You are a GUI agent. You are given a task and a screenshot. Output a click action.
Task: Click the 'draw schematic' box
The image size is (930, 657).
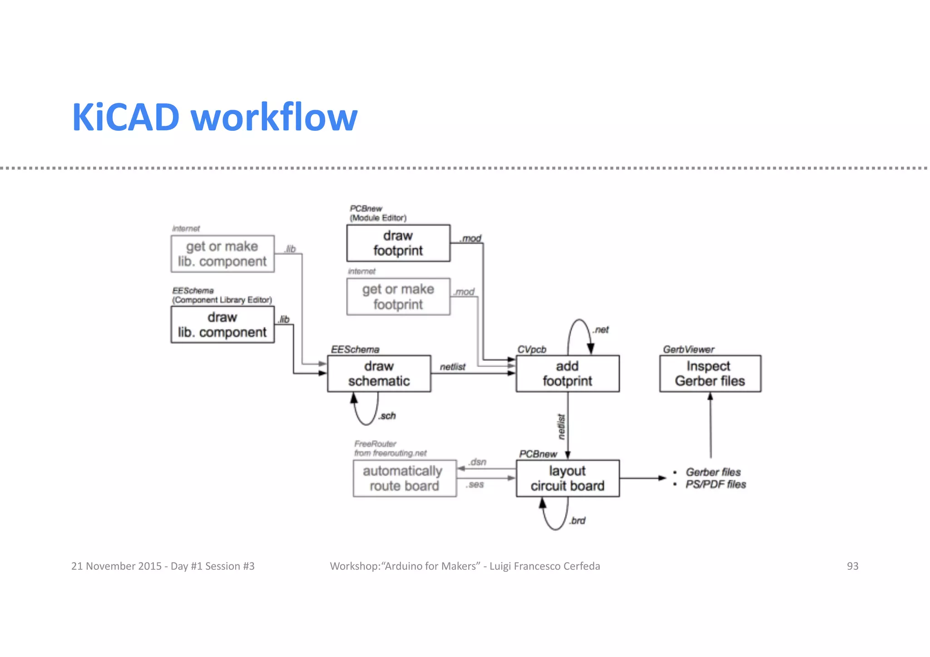coord(379,374)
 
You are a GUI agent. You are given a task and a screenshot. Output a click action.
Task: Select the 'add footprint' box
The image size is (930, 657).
coord(567,374)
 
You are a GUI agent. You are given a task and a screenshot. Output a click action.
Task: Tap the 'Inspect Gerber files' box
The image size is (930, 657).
coord(710,374)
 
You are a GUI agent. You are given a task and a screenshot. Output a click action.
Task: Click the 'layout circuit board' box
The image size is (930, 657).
coord(567,479)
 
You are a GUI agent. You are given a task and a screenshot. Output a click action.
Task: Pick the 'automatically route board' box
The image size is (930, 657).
coord(404,479)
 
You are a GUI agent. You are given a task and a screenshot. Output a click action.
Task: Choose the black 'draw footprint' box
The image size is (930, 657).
coord(398,243)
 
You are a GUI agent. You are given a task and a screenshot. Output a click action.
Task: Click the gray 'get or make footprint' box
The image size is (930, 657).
coord(398,297)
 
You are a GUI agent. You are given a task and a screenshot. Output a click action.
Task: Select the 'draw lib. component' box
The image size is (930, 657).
coord(222,325)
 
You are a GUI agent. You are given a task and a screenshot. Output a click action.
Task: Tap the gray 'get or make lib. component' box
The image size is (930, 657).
coord(222,254)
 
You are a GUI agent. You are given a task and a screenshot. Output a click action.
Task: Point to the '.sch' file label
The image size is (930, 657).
coord(387,416)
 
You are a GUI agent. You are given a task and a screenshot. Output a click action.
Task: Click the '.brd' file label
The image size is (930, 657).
coord(577,521)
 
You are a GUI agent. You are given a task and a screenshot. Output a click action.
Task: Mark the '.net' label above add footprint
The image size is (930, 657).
coord(601,330)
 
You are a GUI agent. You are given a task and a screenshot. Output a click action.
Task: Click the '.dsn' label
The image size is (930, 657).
coord(477,462)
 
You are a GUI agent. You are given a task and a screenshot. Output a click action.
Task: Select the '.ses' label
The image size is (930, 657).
coord(475,485)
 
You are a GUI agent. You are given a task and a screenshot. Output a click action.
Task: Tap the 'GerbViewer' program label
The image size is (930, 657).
coord(688,350)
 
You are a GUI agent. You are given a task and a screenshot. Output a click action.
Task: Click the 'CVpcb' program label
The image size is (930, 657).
coord(532,350)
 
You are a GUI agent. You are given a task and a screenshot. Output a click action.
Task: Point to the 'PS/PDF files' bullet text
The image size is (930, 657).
coord(716,484)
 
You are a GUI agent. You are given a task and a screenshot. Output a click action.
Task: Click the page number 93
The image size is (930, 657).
coord(852,566)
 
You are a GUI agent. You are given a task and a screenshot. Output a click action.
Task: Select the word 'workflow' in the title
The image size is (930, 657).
coord(274,117)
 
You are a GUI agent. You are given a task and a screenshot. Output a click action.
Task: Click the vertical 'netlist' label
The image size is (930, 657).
coord(562,427)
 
